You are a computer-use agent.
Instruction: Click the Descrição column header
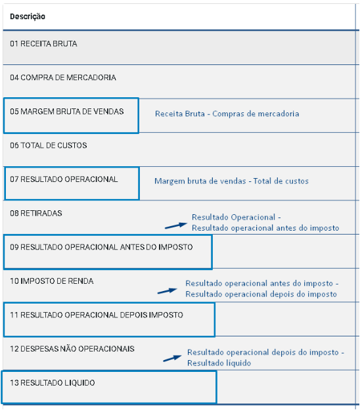click(28, 16)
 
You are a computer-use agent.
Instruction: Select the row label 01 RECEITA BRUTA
click(43, 43)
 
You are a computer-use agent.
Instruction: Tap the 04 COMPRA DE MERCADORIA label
click(63, 78)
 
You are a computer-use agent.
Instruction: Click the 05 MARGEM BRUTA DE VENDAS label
click(66, 112)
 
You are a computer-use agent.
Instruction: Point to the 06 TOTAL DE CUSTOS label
click(49, 145)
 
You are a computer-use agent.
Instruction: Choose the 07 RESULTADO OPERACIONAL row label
click(64, 179)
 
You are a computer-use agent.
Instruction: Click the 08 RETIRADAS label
click(36, 213)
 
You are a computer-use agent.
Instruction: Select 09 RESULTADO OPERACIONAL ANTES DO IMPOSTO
click(101, 247)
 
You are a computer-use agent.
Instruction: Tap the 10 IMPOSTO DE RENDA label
click(51, 281)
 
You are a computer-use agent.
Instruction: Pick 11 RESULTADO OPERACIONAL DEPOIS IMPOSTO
click(97, 315)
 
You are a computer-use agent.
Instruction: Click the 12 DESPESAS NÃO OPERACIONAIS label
click(72, 349)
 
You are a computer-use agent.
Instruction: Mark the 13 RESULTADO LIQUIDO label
click(53, 383)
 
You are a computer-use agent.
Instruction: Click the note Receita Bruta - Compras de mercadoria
click(227, 114)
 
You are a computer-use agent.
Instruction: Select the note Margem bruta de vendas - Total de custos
click(231, 181)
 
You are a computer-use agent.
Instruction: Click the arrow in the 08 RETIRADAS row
click(176, 225)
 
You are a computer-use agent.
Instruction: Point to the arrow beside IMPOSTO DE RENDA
click(168, 291)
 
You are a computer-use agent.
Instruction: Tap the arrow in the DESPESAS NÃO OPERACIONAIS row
click(172, 358)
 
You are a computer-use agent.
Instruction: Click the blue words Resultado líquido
click(219, 363)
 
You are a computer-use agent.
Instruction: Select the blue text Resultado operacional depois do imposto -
click(265, 352)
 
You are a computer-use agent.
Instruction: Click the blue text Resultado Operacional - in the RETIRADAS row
click(236, 217)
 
